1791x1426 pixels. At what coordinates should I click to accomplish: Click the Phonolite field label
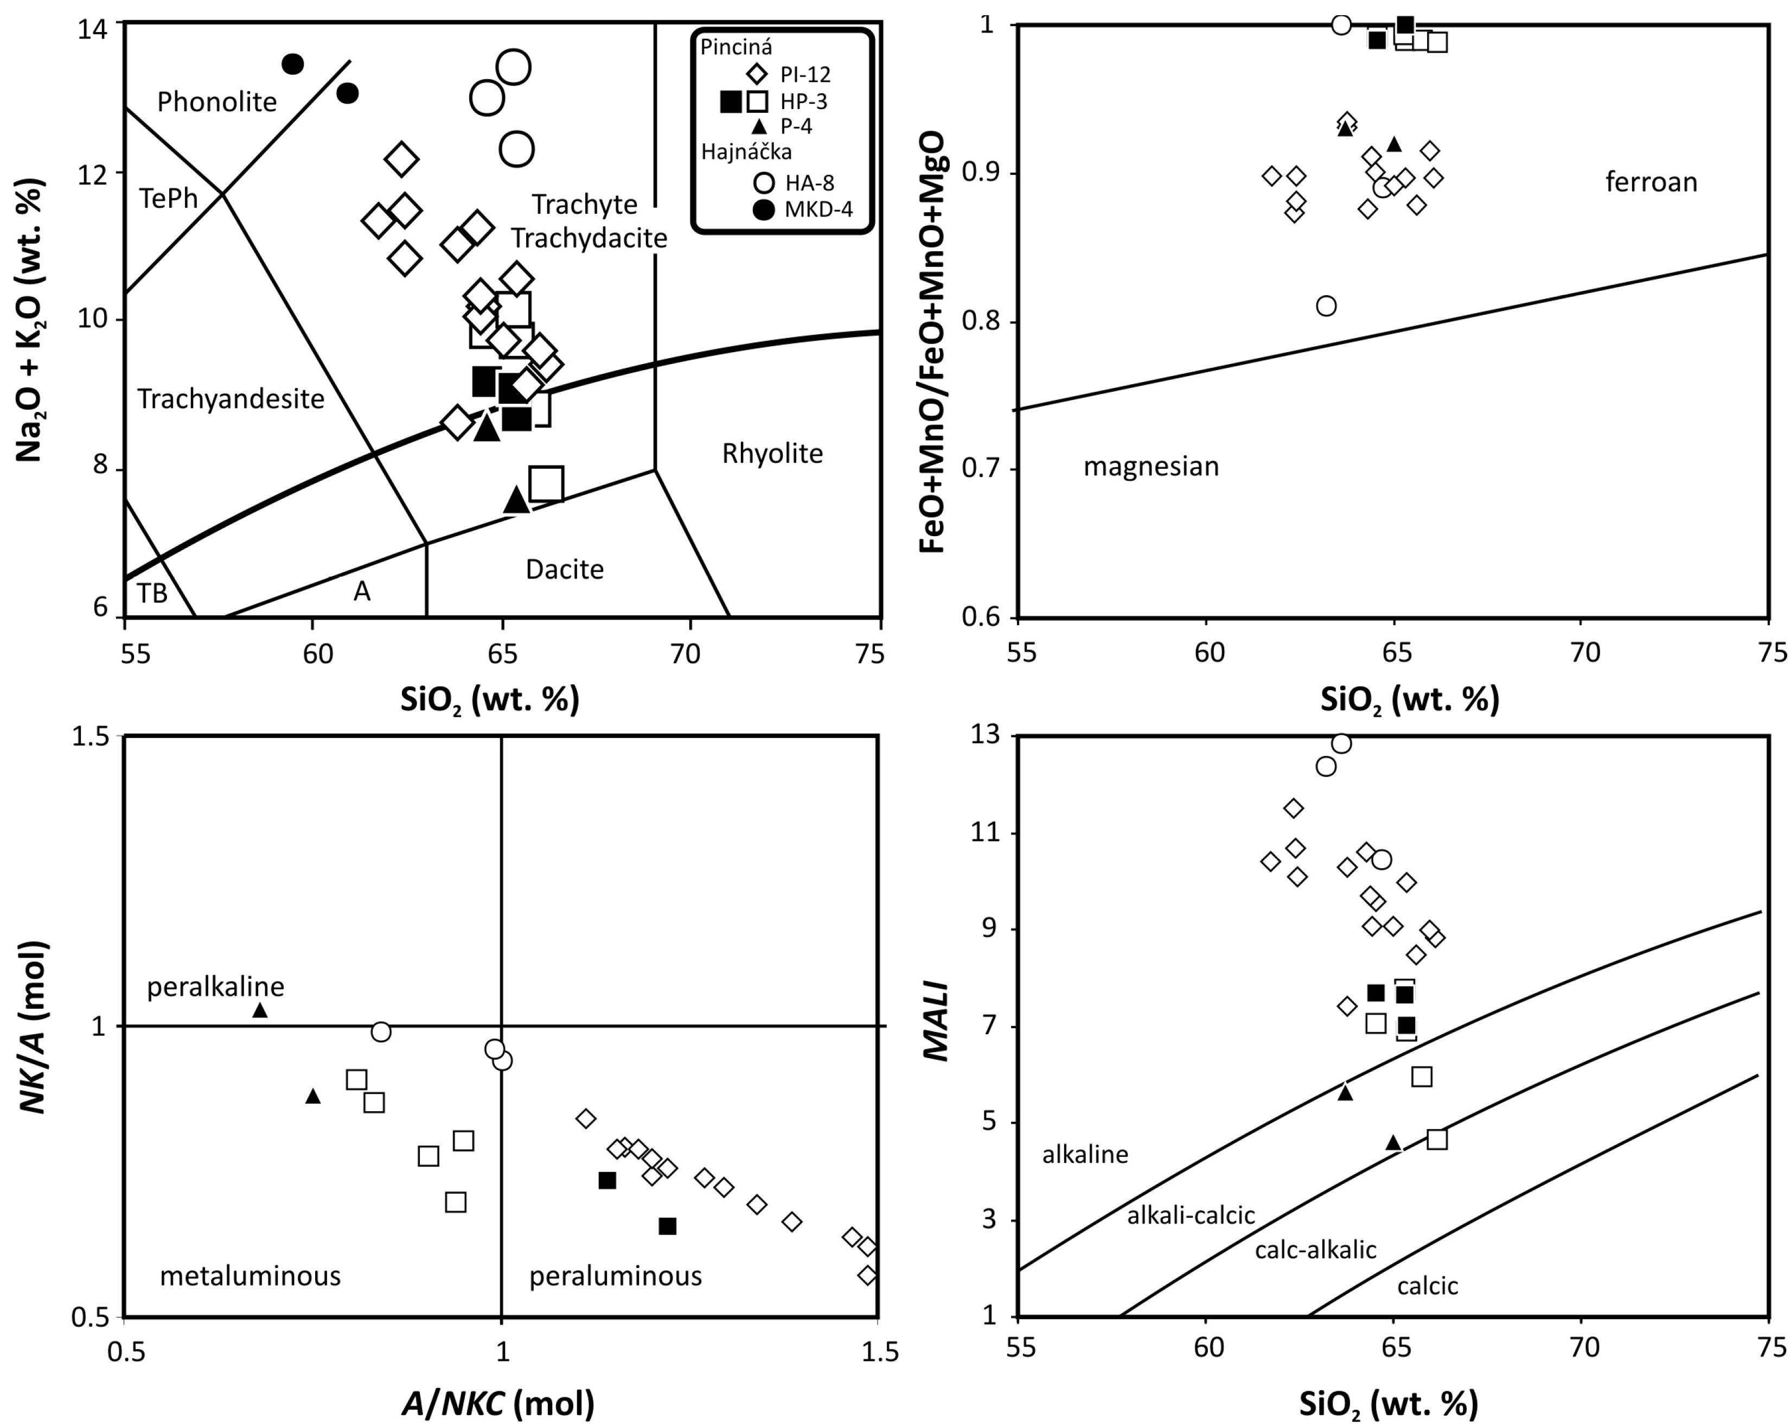(x=217, y=102)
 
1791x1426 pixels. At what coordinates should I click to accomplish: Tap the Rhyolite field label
(x=772, y=454)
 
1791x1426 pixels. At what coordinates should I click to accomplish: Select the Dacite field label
(x=564, y=569)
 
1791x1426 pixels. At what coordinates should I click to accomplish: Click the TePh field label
(x=169, y=199)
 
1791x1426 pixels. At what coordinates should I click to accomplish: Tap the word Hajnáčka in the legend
(x=746, y=152)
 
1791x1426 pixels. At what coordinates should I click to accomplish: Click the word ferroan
(x=1651, y=182)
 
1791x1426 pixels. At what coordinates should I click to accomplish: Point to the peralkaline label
(x=215, y=986)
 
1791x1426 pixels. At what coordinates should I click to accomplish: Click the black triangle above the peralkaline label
(x=260, y=1010)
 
